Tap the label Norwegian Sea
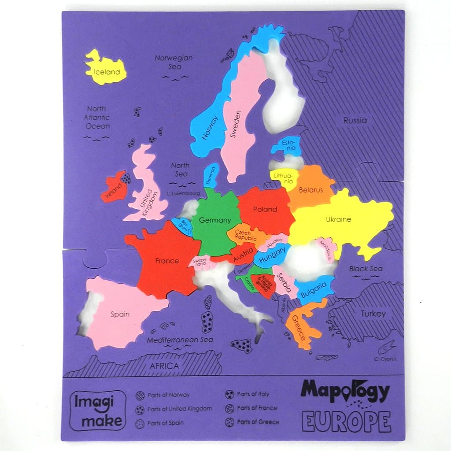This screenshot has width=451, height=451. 174,62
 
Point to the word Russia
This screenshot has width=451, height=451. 355,120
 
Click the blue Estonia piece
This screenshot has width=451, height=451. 288,145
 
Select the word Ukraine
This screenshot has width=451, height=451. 338,219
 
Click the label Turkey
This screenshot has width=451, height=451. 373,314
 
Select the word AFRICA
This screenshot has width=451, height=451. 164,366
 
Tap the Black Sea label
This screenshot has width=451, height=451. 366,269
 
